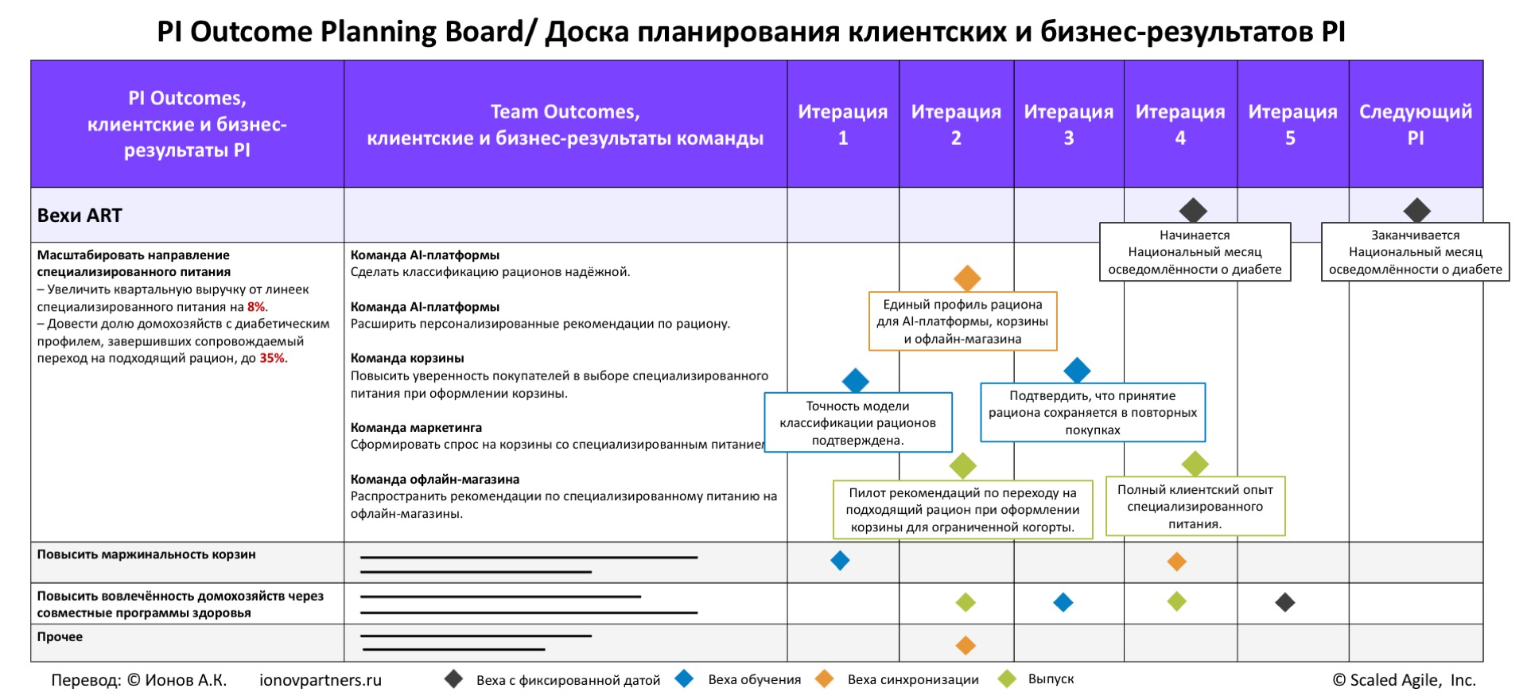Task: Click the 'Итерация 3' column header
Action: [1068, 124]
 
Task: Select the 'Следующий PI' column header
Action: [1415, 124]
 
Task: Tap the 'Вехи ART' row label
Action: [80, 216]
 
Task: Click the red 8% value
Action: [256, 307]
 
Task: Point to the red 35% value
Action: [272, 359]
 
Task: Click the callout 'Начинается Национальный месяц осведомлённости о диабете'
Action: [1195, 252]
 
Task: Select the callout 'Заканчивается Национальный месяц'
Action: [1415, 252]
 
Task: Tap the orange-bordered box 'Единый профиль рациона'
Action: [962, 321]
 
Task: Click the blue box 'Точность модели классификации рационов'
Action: [857, 422]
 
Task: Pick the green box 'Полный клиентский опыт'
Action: [1195, 507]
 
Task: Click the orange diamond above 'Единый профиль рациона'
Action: [966, 278]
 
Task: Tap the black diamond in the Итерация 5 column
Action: [1284, 602]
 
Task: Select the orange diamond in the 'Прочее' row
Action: [966, 644]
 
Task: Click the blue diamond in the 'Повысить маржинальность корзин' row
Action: [840, 561]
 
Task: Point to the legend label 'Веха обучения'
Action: [754, 679]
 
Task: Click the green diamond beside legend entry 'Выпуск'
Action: [1007, 679]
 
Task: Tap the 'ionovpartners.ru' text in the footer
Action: [321, 680]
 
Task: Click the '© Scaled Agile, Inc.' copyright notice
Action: [1404, 680]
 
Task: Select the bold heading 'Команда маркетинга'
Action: [416, 427]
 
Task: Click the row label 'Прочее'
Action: [60, 636]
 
